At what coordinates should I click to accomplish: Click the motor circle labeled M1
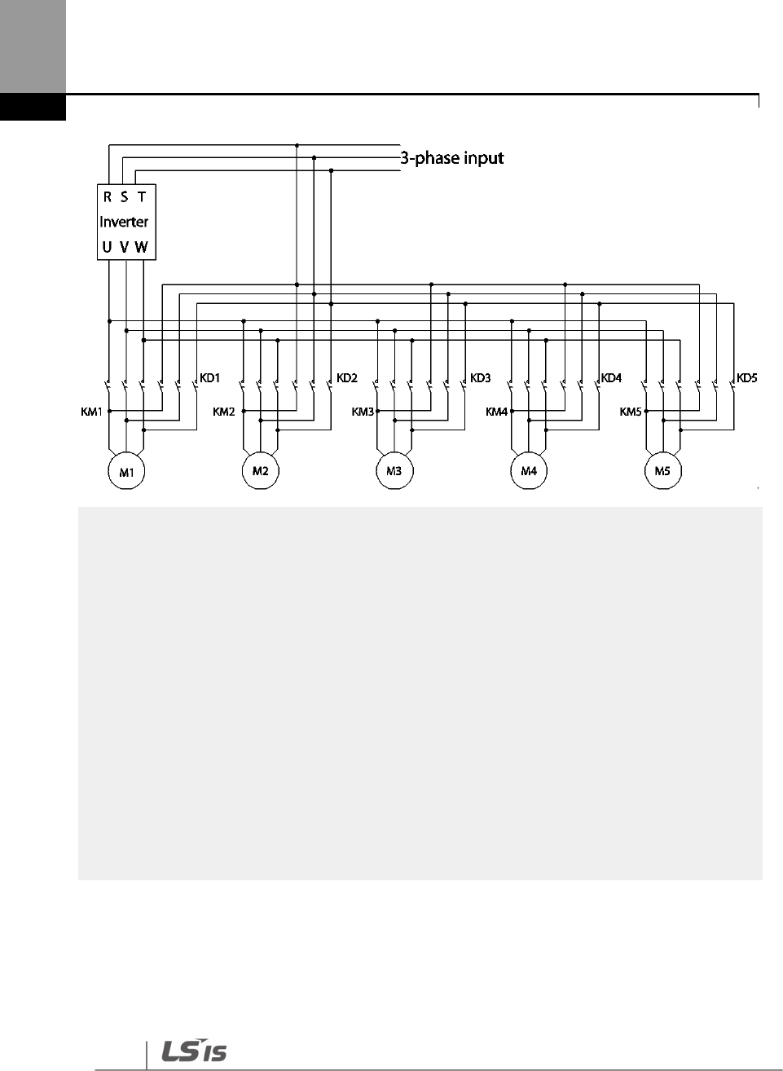coord(126,472)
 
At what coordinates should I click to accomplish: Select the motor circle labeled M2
coord(260,472)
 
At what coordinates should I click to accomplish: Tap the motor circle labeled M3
coord(394,472)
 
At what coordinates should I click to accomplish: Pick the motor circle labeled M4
coord(529,472)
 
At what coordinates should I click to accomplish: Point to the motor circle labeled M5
coord(662,472)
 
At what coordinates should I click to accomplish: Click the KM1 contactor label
coord(92,412)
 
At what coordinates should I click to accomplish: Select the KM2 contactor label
coord(224,412)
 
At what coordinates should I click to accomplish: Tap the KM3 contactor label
coord(363,412)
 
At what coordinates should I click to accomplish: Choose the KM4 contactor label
coord(496,412)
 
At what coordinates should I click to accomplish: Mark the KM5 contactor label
coord(631,412)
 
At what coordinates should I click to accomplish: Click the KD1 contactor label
coord(211,378)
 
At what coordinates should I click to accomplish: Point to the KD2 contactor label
coord(347,378)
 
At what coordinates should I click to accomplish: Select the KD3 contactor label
coord(481,378)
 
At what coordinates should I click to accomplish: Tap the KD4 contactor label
coord(612,378)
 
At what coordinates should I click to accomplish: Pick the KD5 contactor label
coord(747,378)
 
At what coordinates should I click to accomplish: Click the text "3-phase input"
coord(451,157)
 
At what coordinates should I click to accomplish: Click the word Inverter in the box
coord(124,222)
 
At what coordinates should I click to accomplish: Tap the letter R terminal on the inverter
coord(108,197)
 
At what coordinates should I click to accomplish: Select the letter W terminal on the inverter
coord(142,247)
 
